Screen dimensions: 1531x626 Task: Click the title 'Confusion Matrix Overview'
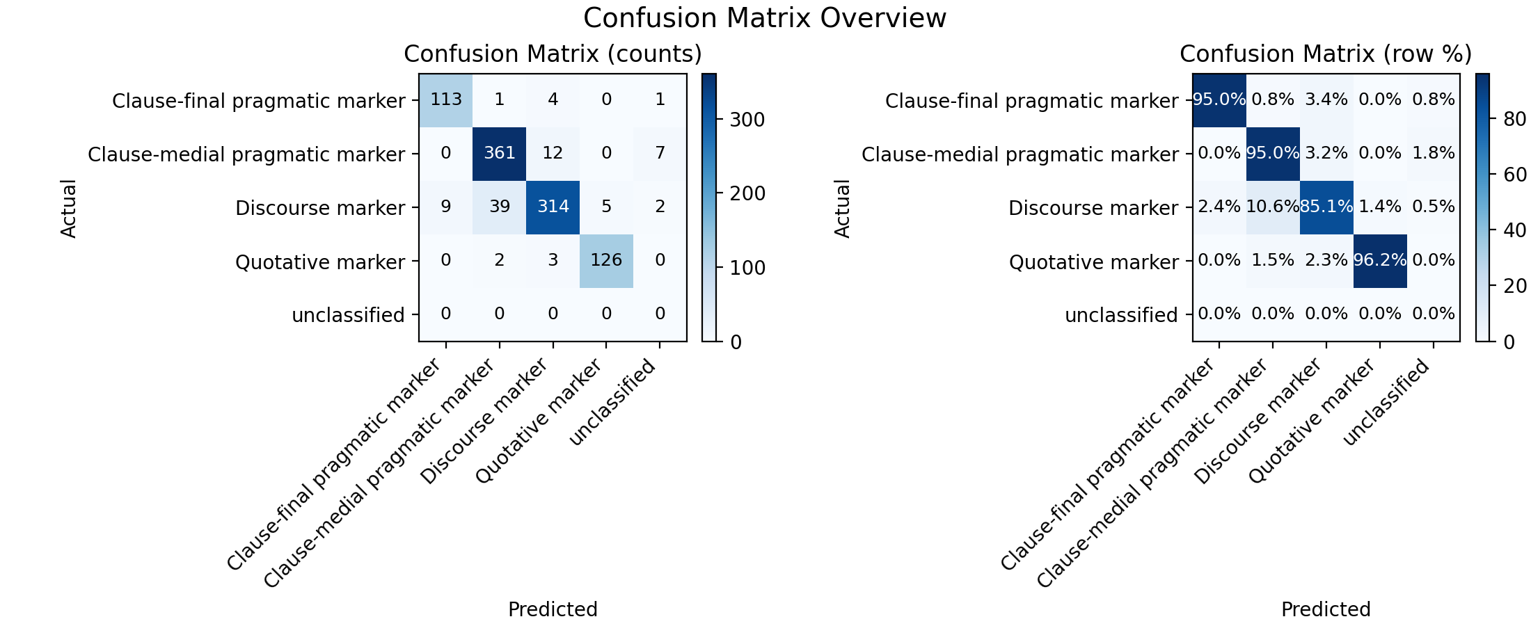(765, 18)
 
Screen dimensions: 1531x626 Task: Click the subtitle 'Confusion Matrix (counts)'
(553, 54)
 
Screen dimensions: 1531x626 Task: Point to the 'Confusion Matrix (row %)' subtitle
(1326, 54)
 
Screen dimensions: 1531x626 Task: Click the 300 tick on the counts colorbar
(746, 120)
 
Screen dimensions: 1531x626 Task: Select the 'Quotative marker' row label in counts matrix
(320, 262)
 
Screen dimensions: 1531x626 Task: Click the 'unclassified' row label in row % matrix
(1121, 316)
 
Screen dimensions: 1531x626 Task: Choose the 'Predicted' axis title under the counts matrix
(553, 609)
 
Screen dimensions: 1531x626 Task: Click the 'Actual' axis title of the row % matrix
(842, 209)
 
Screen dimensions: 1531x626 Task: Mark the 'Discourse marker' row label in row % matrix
(1093, 209)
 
